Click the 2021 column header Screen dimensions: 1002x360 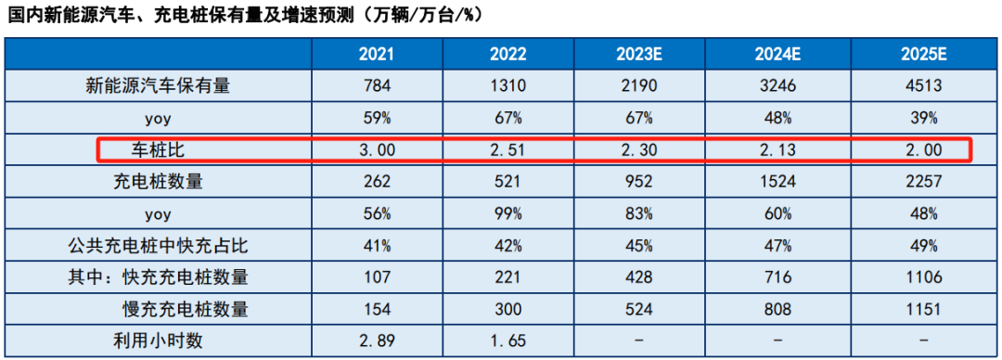pyautogui.click(x=376, y=55)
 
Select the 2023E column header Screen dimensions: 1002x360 pyautogui.click(x=639, y=55)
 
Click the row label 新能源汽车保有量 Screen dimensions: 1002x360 pyautogui.click(x=158, y=86)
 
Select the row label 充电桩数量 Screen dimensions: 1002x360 pyautogui.click(x=158, y=182)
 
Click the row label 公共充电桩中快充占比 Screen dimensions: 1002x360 pyautogui.click(x=158, y=246)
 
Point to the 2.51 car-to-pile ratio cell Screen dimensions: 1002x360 pyautogui.click(x=507, y=150)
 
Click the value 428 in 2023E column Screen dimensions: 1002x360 pyautogui.click(x=639, y=277)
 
